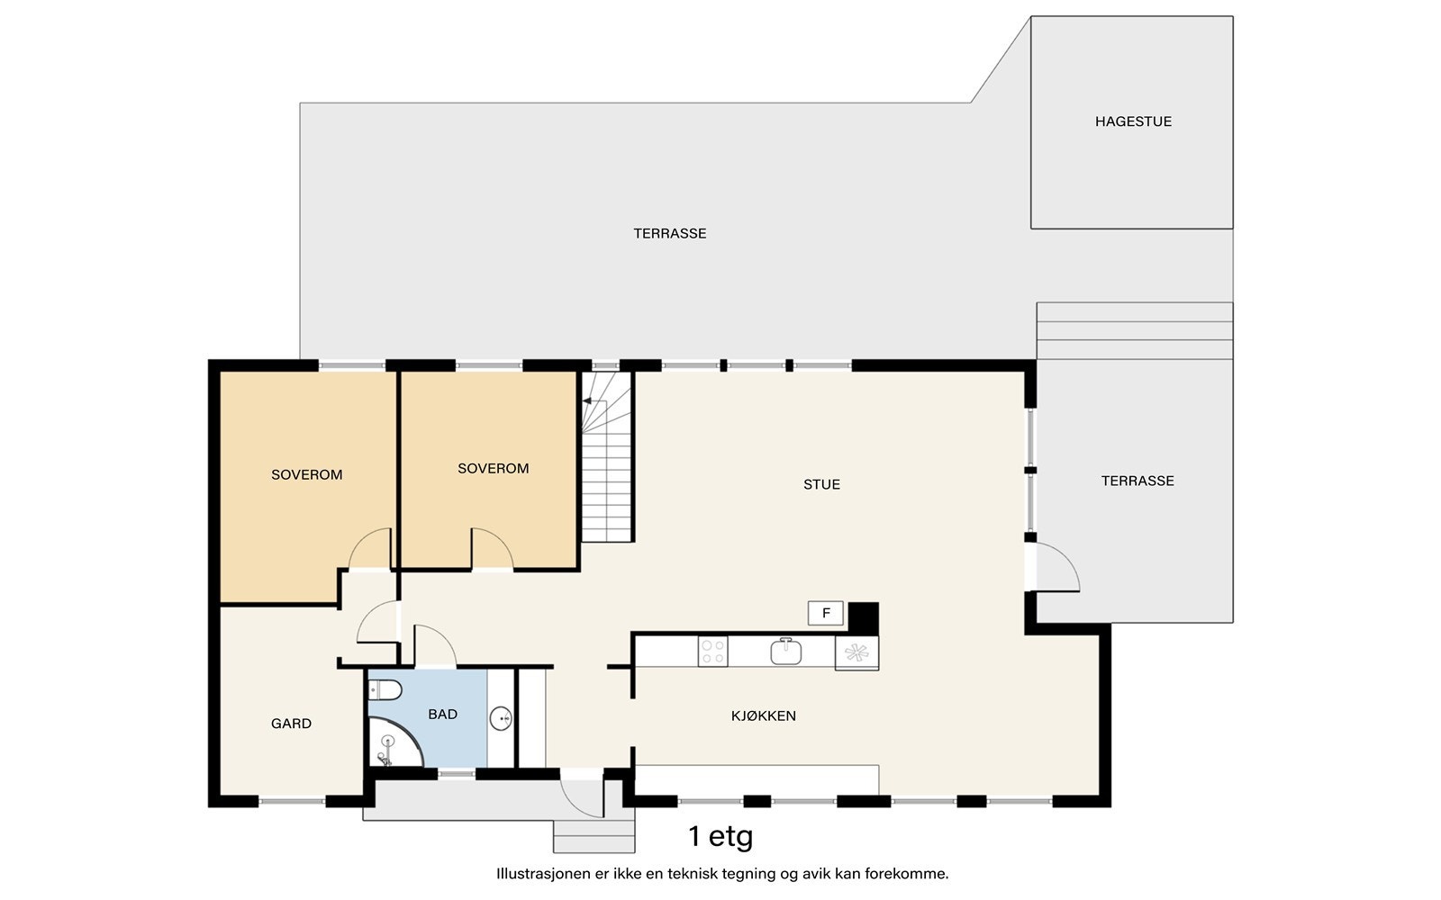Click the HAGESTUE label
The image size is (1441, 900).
click(1133, 121)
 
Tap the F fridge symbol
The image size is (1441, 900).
click(826, 613)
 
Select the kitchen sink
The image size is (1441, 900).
click(785, 652)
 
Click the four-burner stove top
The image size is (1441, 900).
click(712, 652)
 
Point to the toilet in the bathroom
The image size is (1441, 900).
click(385, 690)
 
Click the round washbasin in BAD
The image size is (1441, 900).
click(501, 718)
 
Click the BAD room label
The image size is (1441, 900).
click(442, 715)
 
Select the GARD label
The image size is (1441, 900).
click(292, 724)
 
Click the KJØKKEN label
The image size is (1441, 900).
click(764, 715)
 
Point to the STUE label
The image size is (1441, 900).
click(821, 485)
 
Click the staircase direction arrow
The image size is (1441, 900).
click(594, 401)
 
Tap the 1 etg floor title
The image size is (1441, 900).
click(720, 837)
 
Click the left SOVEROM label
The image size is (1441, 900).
click(307, 475)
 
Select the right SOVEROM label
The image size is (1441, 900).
click(494, 469)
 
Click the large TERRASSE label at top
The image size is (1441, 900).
click(670, 234)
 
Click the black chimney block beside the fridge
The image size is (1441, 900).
click(864, 618)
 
